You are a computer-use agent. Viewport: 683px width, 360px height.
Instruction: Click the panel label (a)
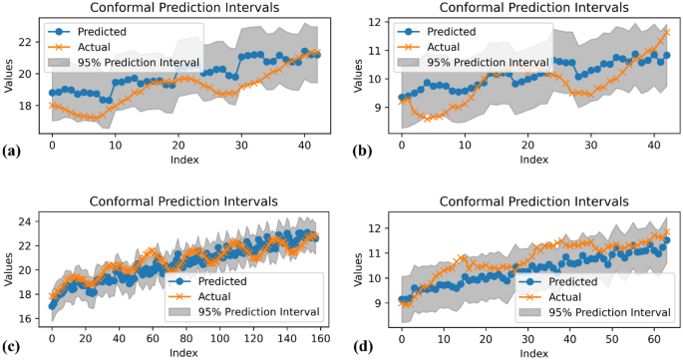11,151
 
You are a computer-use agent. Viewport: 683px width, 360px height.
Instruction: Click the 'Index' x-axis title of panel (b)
533,160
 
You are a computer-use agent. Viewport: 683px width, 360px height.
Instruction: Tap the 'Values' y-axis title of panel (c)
11,268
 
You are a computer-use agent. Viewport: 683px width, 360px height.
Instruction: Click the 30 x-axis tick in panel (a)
241,145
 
